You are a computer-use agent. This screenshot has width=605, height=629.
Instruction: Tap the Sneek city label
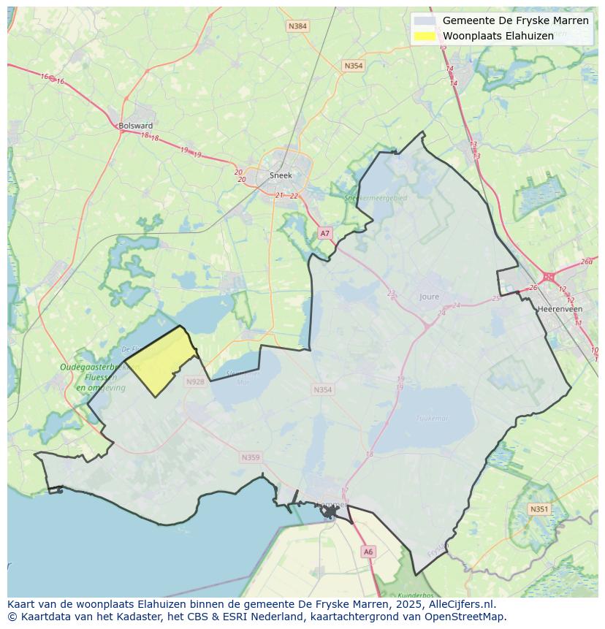(281, 175)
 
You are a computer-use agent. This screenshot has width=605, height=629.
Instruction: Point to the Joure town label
(430, 297)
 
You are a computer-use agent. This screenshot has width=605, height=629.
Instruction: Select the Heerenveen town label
(559, 309)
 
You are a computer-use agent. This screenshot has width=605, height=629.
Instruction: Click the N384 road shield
(297, 26)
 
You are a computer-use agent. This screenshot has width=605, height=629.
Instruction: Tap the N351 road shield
(539, 509)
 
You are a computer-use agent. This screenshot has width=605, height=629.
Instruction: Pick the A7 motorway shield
(325, 233)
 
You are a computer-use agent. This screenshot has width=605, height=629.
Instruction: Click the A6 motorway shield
(368, 552)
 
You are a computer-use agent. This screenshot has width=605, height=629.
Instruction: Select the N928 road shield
(195, 381)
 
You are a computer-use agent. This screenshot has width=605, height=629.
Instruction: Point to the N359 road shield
(250, 457)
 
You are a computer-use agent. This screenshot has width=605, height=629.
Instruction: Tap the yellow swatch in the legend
(424, 36)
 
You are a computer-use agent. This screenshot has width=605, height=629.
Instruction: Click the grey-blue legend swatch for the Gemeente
(424, 20)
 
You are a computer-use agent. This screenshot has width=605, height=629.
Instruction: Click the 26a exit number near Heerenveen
(586, 262)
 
